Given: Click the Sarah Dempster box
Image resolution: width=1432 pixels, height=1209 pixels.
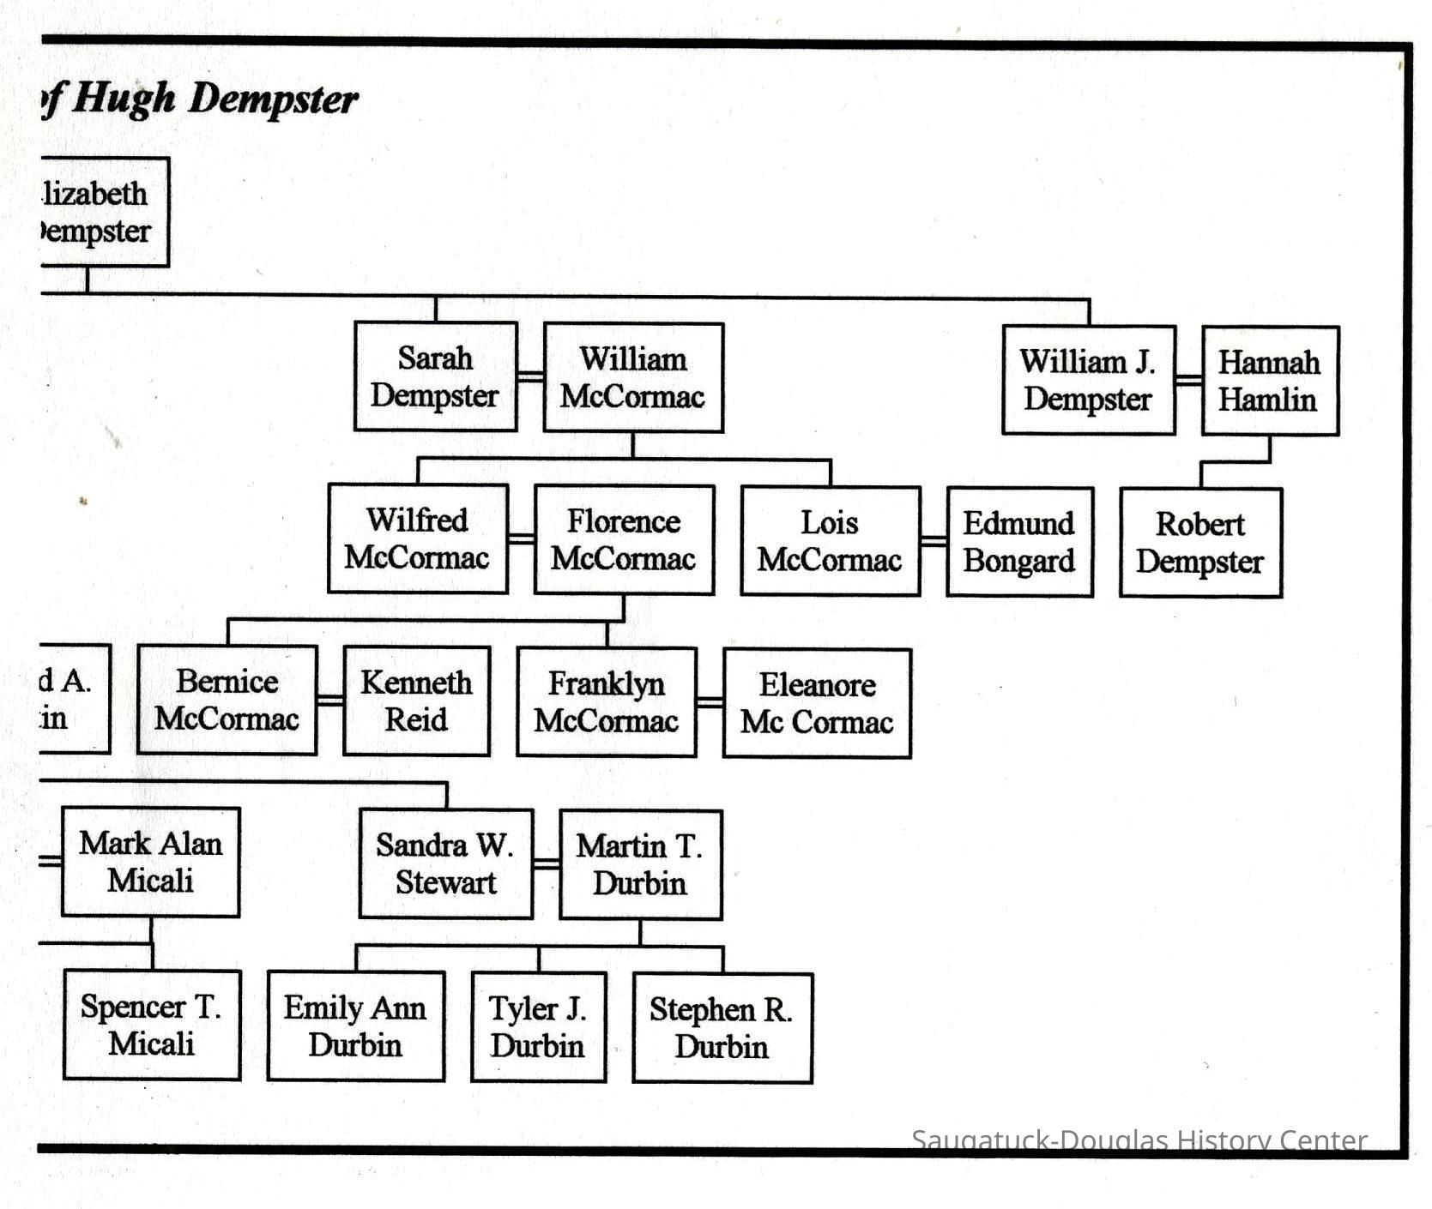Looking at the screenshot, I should point(435,376).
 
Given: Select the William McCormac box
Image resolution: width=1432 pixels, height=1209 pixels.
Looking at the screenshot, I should point(633,377).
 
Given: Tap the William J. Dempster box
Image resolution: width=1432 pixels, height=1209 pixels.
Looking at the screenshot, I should point(1088,380).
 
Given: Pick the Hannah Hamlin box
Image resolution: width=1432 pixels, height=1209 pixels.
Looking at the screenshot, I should point(1269,381).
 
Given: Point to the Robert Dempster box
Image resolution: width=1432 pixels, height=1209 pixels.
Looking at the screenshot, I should point(1200,542).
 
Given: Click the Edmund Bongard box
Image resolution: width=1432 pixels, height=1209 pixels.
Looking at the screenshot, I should point(1019,541).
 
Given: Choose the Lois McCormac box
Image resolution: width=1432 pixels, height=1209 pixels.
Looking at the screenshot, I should point(830,540).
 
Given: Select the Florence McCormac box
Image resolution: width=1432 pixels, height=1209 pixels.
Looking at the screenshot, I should point(624,539).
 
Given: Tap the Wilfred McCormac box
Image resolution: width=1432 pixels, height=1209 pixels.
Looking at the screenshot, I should point(418,538).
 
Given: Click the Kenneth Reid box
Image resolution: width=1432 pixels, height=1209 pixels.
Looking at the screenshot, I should point(416,701).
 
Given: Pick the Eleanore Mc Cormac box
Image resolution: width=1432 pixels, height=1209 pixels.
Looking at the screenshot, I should point(817,703).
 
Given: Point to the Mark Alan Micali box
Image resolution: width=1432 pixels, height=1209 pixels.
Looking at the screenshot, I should point(150,862).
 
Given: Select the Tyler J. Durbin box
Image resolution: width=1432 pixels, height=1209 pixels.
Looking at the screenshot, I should point(538,1026).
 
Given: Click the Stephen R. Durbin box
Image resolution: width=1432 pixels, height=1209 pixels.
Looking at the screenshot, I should point(722,1028).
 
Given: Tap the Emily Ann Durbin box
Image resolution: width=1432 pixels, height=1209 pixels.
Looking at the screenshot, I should point(355,1026).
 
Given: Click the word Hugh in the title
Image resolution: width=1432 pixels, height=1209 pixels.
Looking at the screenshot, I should point(124,98).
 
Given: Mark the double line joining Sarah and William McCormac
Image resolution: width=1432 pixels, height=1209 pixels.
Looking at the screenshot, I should point(530,376).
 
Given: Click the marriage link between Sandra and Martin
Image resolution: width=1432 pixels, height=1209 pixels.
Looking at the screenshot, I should point(546,863).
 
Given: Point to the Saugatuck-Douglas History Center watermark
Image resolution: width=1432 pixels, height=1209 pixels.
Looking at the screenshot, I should point(1139,1140).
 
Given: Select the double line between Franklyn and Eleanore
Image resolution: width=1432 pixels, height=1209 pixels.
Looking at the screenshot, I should point(710,703).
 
